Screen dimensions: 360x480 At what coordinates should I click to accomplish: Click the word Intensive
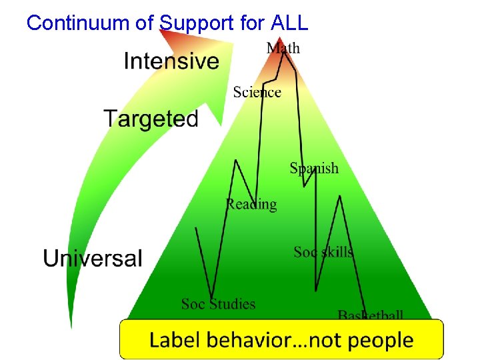click(x=171, y=61)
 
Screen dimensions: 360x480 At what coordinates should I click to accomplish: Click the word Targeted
click(x=151, y=119)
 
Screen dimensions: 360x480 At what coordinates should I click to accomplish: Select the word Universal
click(x=93, y=258)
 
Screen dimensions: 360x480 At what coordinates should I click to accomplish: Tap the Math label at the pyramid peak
click(x=283, y=47)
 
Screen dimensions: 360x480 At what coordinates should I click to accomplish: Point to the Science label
click(x=257, y=92)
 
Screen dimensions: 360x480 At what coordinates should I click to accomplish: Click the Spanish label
click(x=314, y=168)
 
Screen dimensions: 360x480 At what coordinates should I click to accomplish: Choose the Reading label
click(x=251, y=204)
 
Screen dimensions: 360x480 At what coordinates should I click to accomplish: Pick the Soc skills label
click(x=323, y=252)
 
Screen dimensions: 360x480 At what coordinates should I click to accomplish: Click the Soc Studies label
click(x=218, y=304)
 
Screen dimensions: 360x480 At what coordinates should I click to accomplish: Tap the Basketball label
click(x=371, y=315)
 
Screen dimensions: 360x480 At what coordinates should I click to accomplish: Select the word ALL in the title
click(x=289, y=23)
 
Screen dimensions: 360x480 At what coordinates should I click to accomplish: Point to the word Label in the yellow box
click(x=173, y=340)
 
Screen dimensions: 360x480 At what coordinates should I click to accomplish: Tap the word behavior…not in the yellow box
click(x=273, y=340)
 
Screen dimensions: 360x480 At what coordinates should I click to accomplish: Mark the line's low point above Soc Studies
click(x=211, y=297)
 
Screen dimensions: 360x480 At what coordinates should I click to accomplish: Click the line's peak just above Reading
click(x=235, y=160)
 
